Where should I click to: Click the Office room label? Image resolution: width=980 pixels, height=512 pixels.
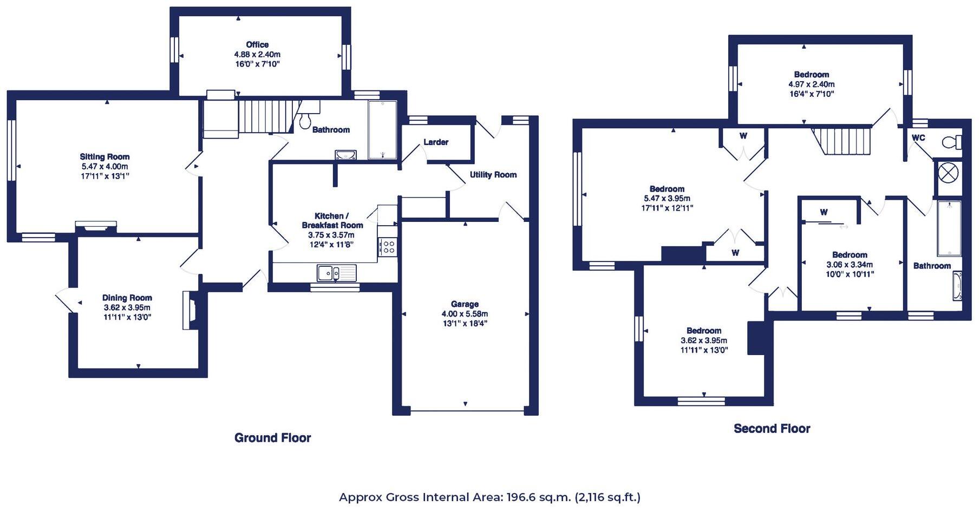point(257,44)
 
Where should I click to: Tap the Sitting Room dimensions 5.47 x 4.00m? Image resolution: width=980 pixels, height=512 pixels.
point(104,166)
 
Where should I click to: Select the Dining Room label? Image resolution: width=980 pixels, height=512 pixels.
point(127,298)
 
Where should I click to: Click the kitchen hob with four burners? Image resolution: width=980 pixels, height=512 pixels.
point(388,247)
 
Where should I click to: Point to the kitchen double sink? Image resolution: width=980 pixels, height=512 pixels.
point(336,273)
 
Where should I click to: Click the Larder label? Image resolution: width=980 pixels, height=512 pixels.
point(436,142)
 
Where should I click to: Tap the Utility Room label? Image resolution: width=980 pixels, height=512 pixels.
point(493,174)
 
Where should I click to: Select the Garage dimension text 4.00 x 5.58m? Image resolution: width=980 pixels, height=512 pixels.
point(465,314)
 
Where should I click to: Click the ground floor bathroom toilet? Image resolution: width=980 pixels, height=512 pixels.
point(305,120)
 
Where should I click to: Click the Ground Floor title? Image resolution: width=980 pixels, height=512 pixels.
point(272,438)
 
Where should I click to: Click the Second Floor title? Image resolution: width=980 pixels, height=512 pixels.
point(772,429)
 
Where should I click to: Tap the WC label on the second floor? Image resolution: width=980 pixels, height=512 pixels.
point(918,137)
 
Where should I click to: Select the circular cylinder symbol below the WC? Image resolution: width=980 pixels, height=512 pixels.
point(949,174)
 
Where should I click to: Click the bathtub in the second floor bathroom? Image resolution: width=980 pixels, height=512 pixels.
point(949,228)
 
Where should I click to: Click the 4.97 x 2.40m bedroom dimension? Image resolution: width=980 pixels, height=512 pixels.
point(811,84)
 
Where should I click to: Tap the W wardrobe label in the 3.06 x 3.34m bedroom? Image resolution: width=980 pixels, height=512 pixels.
point(824,212)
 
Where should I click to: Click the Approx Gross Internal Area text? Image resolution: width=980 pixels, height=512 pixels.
point(489,497)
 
